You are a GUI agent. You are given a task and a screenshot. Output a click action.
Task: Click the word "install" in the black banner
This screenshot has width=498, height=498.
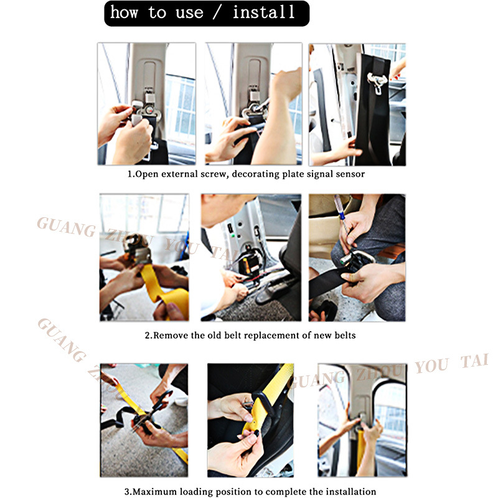tap(263, 12)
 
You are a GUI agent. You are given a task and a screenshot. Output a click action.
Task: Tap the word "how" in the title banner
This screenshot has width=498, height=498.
tap(124, 12)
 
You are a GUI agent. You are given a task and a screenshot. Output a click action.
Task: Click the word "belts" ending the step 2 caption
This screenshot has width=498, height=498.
tap(345, 336)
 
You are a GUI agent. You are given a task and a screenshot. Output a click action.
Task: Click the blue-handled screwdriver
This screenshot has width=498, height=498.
tap(342, 217)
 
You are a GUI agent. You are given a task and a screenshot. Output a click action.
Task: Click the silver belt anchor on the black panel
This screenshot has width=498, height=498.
tap(377, 82)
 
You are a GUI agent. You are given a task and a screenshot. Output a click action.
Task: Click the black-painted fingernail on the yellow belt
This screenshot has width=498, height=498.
tap(256, 433)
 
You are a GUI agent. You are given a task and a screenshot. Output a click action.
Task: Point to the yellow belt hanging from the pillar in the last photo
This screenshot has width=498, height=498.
tap(361, 448)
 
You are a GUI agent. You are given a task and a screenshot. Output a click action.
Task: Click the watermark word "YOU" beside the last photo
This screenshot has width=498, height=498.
tap(431, 366)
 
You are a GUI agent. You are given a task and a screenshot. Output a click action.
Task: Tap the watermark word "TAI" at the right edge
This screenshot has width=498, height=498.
tap(474, 361)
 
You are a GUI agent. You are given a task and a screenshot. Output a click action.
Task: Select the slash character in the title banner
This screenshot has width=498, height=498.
tap(217, 12)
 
